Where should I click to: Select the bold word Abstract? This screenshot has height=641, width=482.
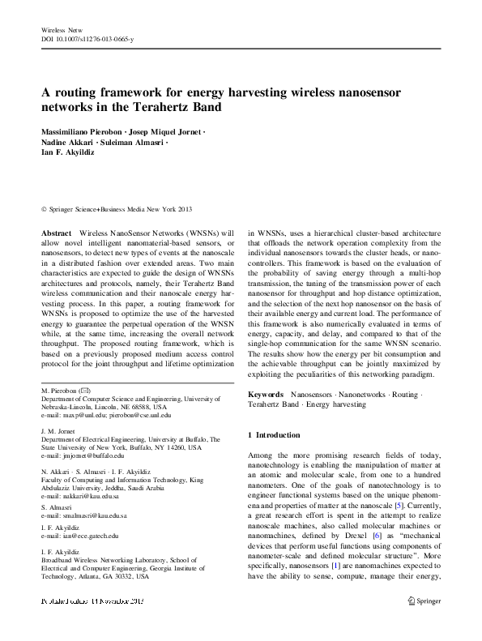[56, 232]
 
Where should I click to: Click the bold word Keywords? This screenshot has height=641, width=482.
[265, 392]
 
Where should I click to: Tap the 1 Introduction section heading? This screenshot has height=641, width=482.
[273, 435]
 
